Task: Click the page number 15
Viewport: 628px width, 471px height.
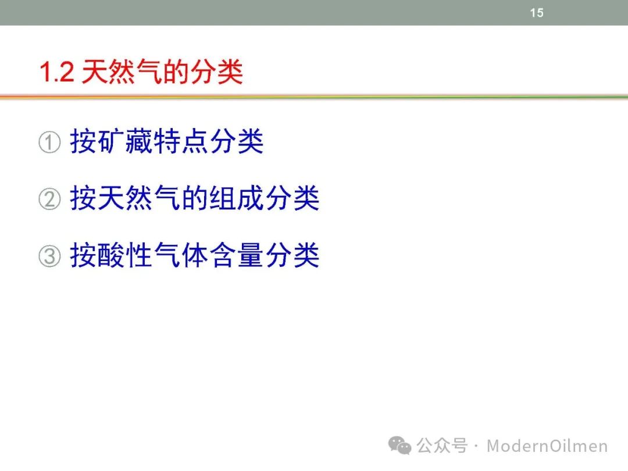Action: [x=537, y=13]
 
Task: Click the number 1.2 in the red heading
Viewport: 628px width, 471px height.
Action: [x=57, y=73]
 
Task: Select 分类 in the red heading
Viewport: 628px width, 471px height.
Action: [x=217, y=72]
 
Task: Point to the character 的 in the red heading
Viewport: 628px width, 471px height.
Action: [x=176, y=72]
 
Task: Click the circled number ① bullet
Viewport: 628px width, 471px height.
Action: [x=49, y=142]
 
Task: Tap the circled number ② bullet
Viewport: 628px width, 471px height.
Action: [x=49, y=199]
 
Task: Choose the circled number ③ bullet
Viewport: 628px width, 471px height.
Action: [x=49, y=256]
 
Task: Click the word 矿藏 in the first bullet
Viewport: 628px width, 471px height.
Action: [x=111, y=141]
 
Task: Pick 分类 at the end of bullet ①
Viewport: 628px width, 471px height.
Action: [x=236, y=141]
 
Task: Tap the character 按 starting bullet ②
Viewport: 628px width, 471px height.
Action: [x=83, y=198]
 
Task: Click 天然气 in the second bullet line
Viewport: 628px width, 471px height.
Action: [x=138, y=198]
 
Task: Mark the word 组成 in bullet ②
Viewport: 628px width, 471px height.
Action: [x=236, y=198]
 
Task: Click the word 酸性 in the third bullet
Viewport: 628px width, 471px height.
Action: [x=125, y=255]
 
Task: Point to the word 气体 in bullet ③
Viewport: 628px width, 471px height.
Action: [x=181, y=255]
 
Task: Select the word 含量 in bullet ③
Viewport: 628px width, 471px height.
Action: [x=236, y=255]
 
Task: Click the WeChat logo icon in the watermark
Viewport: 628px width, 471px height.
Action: [x=399, y=445]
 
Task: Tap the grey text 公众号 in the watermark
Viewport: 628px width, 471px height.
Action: [x=442, y=446]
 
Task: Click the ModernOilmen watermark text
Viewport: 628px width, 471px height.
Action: [x=547, y=446]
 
